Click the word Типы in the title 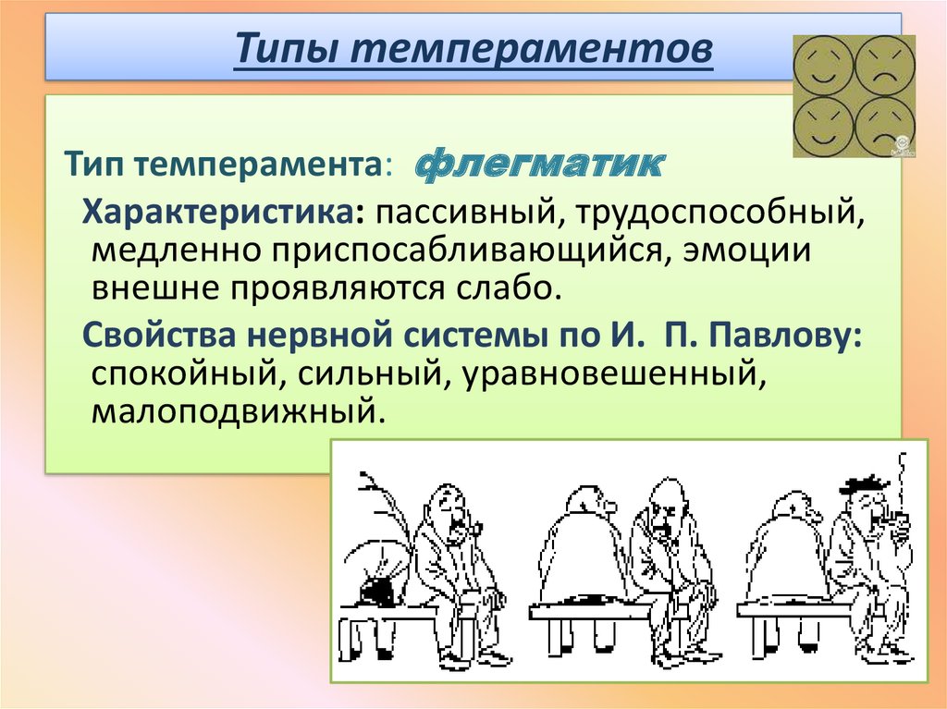(287, 48)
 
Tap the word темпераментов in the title (532, 48)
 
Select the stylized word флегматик (540, 164)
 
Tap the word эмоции (746, 250)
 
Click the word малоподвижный (238, 411)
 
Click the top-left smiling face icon (822, 65)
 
